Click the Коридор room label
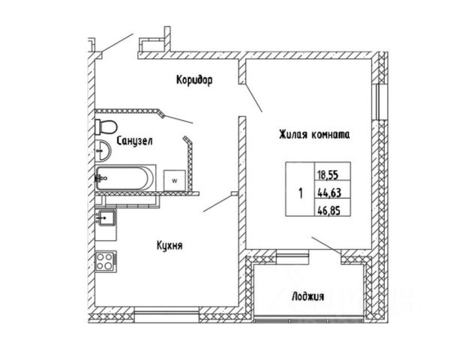click(195, 79)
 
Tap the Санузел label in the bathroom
click(136, 139)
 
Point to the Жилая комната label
click(314, 134)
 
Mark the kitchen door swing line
click(218, 203)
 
